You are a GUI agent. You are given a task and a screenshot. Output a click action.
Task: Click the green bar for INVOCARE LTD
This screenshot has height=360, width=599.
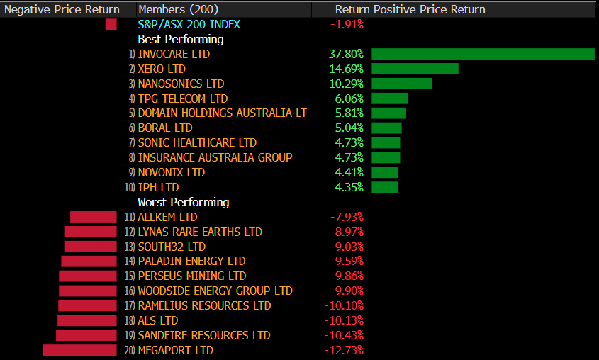click(483, 54)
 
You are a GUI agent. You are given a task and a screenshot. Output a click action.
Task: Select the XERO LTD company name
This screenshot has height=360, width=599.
click(162, 69)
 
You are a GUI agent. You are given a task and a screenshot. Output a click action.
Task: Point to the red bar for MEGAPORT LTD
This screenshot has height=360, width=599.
click(79, 350)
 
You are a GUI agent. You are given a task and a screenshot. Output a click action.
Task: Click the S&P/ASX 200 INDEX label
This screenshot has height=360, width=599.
click(189, 24)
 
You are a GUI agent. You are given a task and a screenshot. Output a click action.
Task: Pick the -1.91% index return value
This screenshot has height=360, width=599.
click(347, 24)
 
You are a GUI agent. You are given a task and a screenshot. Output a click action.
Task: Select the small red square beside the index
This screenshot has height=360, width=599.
click(111, 24)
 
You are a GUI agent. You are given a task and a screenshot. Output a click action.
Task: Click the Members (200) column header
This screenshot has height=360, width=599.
click(179, 9)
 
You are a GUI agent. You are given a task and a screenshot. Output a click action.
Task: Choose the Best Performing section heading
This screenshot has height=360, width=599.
click(180, 39)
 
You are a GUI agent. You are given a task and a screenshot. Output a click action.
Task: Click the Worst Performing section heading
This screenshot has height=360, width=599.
click(183, 202)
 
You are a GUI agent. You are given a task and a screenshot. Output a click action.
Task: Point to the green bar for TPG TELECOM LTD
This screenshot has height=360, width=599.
click(389, 99)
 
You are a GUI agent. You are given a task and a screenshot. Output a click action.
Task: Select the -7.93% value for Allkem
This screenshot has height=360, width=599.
click(347, 217)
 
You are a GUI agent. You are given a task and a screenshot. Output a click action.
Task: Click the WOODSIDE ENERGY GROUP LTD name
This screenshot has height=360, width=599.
click(215, 291)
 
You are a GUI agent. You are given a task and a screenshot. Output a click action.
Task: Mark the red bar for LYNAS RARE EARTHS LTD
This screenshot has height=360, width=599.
click(90, 232)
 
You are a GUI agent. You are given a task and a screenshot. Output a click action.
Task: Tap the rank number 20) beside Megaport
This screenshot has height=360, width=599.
click(130, 350)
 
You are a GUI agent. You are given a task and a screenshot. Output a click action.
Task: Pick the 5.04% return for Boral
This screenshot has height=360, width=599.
click(349, 128)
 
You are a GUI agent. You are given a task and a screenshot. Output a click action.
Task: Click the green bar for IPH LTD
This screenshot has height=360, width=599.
click(384, 187)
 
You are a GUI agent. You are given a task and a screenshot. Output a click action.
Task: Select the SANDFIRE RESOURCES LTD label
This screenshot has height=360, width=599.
click(204, 335)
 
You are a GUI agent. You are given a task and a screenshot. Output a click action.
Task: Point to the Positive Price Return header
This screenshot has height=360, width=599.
click(430, 9)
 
